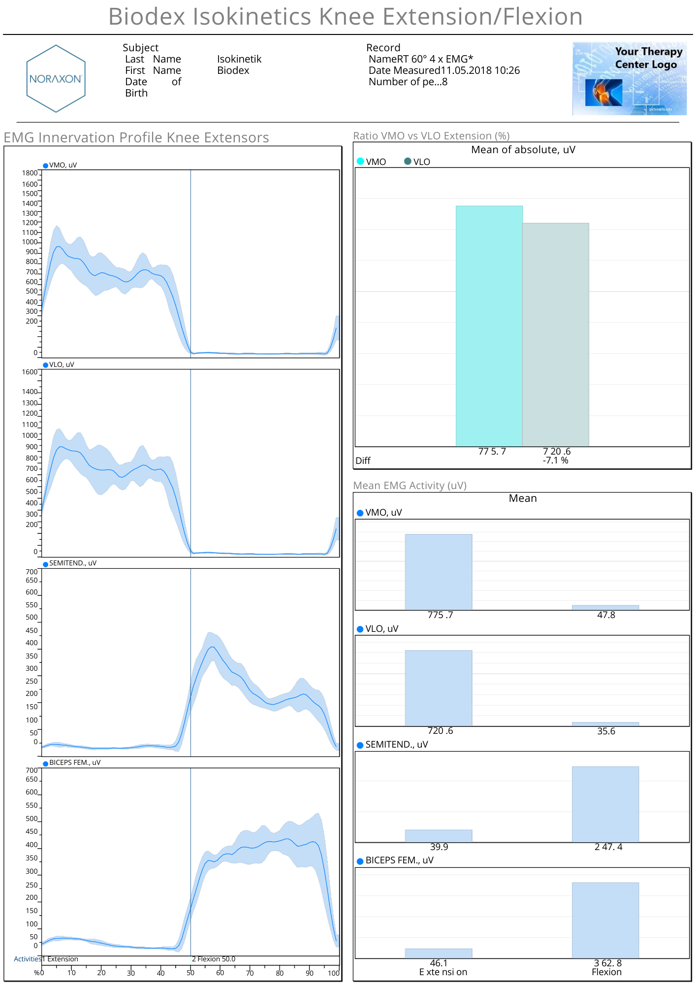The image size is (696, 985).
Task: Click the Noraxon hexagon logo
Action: coord(56,79)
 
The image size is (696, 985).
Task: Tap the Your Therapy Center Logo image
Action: coord(629,79)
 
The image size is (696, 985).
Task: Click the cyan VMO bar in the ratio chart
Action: coord(489,325)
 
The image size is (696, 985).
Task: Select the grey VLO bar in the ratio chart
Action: coord(555,335)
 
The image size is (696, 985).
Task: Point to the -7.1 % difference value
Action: coord(555,460)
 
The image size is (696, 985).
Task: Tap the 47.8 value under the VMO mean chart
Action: coord(606,615)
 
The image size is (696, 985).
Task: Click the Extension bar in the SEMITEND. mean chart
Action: coord(439,836)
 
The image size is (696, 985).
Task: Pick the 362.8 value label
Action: coord(607,963)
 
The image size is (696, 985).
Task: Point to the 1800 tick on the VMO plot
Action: coord(30,173)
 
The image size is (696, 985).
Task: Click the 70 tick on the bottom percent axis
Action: coord(250,973)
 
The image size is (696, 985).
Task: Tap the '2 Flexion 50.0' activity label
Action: coord(214,959)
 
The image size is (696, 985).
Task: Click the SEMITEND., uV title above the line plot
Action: coord(72,563)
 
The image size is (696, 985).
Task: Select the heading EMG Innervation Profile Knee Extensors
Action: coord(136,137)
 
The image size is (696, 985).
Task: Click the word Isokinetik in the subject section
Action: coord(239,59)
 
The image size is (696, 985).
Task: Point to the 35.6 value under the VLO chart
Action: coord(606,731)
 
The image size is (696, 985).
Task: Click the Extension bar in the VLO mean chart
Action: coord(439,688)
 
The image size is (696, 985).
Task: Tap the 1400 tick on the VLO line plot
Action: coord(30,392)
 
